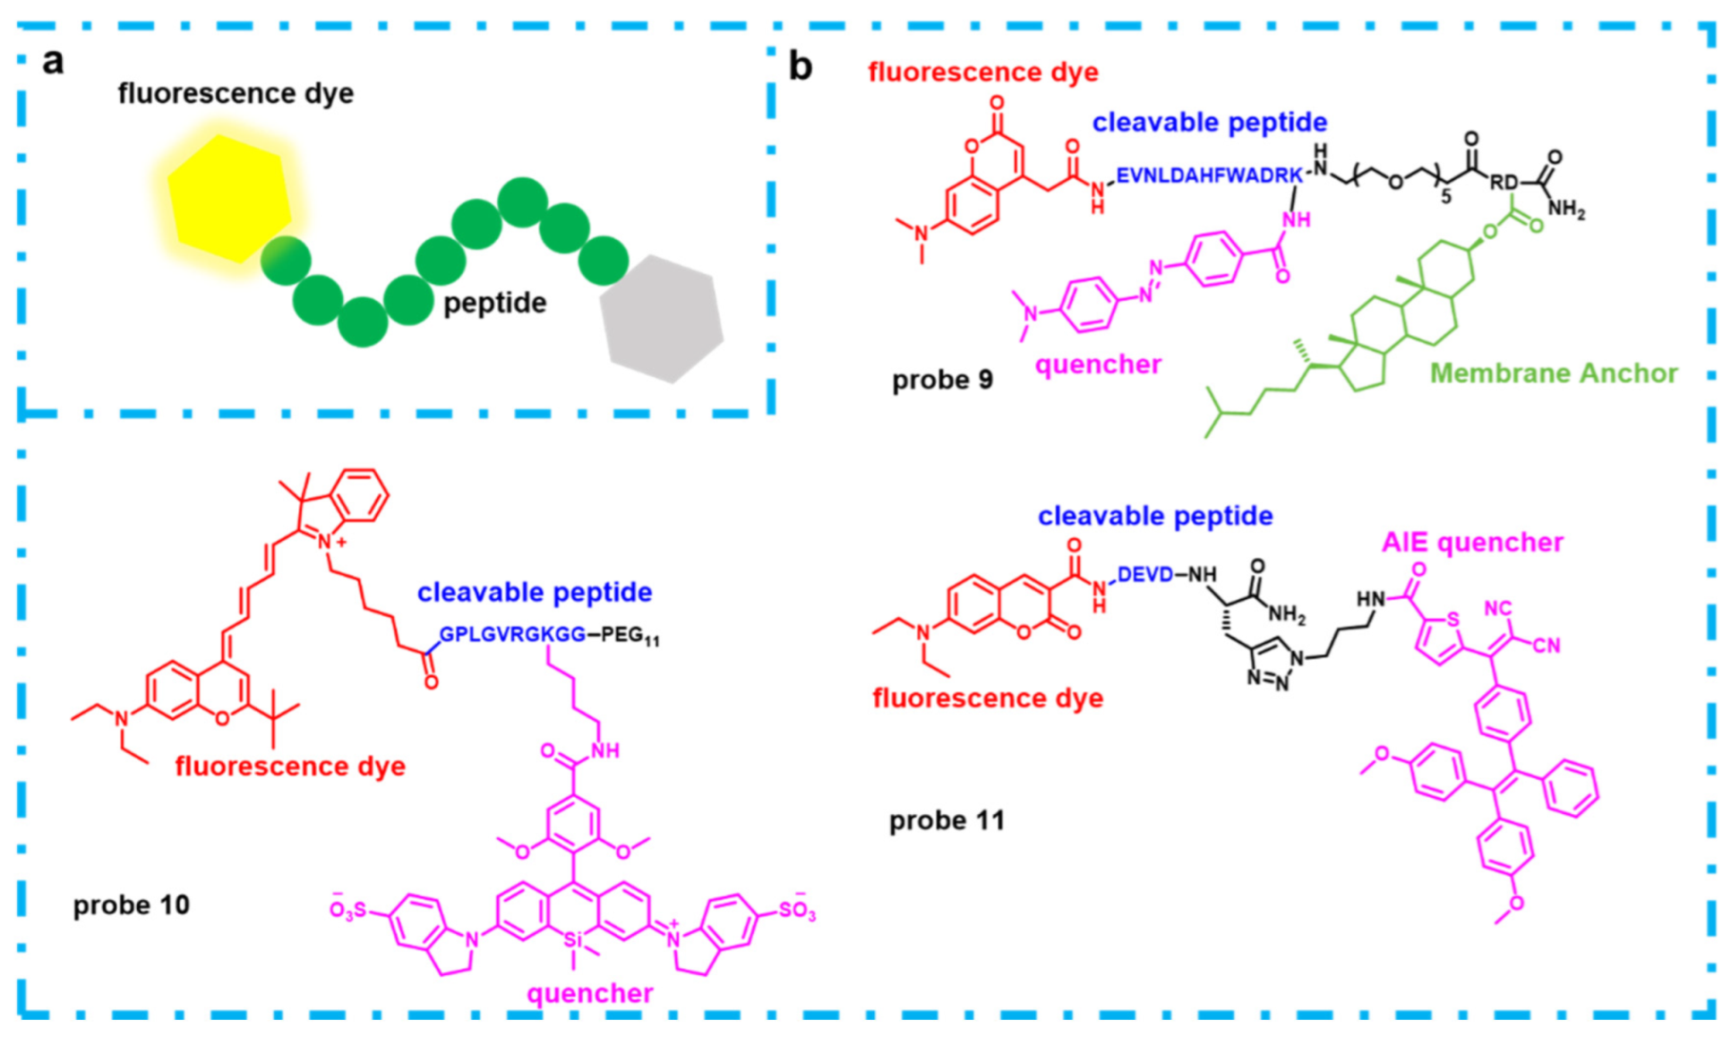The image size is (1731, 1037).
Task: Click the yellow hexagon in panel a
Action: click(229, 198)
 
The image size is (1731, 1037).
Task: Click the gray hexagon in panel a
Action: click(662, 318)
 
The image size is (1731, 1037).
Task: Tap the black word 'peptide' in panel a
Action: click(495, 303)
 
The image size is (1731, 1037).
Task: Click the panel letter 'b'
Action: click(800, 67)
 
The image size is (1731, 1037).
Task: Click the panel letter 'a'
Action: click(53, 61)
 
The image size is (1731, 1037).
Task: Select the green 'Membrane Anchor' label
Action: click(1553, 373)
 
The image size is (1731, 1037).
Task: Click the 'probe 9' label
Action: click(942, 380)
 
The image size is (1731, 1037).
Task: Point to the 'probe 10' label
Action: click(131, 905)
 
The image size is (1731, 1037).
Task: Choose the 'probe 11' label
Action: click(946, 820)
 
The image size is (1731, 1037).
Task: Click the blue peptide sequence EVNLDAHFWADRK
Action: click(1208, 176)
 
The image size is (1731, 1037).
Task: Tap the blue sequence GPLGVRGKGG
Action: click(512, 634)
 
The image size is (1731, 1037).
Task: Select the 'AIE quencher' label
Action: click(1472, 543)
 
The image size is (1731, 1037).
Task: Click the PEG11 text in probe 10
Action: click(629, 635)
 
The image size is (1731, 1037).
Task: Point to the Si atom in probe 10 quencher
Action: click(572, 940)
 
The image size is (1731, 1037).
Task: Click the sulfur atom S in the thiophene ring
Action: click(1452, 620)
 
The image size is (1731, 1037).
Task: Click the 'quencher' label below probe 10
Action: click(589, 993)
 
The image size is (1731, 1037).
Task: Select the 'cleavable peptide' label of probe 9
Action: click(1209, 122)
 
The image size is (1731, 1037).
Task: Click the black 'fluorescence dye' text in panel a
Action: click(235, 93)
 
